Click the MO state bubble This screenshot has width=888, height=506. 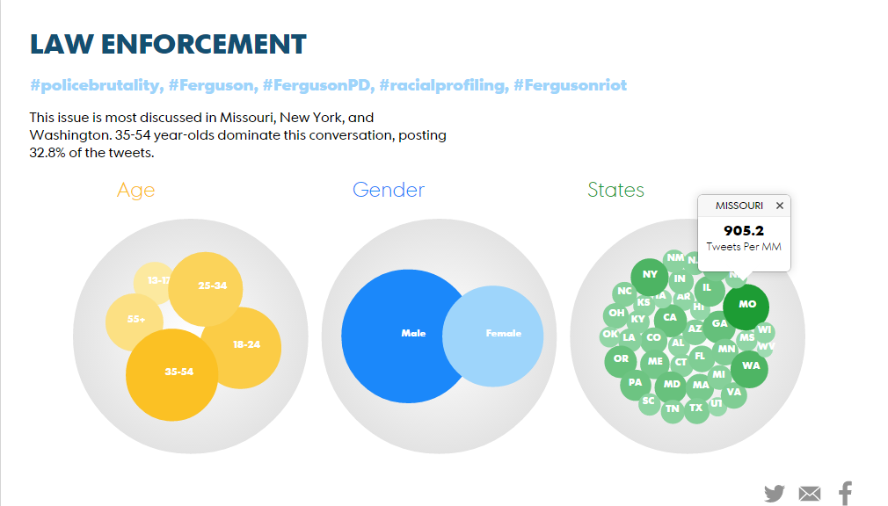click(x=746, y=306)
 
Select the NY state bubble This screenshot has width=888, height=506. click(x=650, y=275)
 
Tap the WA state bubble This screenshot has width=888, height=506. click(x=750, y=366)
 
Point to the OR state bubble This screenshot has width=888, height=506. click(x=621, y=359)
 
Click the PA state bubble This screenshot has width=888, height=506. click(x=635, y=384)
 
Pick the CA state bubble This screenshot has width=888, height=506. click(x=670, y=318)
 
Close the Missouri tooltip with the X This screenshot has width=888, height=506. click(x=779, y=206)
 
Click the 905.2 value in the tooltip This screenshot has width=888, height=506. click(x=744, y=231)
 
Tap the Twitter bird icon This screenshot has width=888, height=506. click(x=774, y=493)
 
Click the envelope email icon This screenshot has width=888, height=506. click(x=810, y=494)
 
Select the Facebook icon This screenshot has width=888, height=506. click(x=845, y=493)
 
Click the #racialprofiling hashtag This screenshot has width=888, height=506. click(x=442, y=85)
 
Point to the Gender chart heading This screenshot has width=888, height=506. click(x=389, y=190)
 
